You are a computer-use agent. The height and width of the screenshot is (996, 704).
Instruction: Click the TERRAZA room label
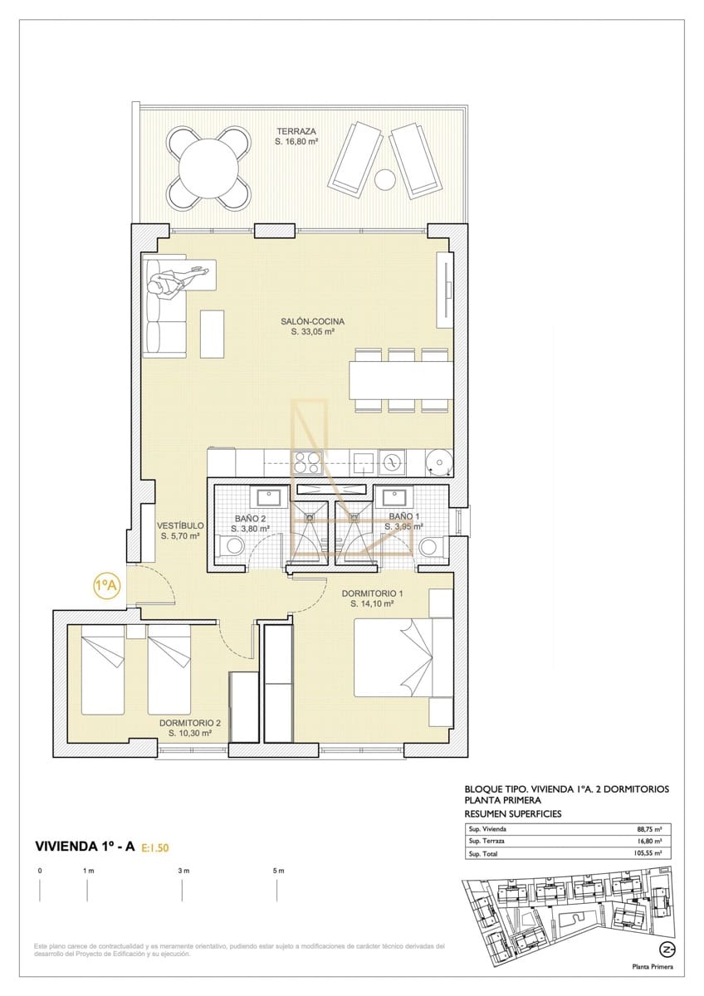(x=297, y=131)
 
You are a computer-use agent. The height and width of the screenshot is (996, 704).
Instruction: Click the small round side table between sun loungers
(x=385, y=178)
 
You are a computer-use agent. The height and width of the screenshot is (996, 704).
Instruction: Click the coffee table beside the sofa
(x=213, y=333)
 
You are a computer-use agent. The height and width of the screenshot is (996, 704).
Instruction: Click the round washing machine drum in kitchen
(x=438, y=461)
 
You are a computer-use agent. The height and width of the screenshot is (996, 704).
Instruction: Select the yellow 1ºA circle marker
(x=106, y=584)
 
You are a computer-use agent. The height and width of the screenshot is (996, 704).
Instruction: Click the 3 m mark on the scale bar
(x=183, y=871)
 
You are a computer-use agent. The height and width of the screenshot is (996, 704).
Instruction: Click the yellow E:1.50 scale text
(x=156, y=847)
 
